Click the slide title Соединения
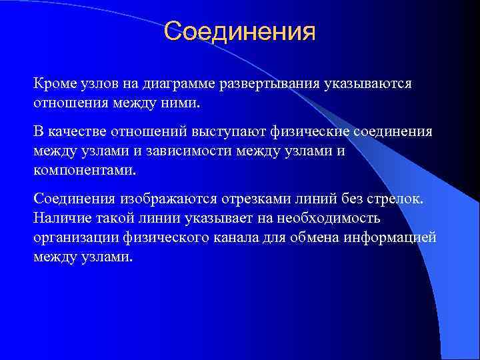(x=239, y=31)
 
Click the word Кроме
(x=54, y=85)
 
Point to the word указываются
(x=370, y=85)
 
